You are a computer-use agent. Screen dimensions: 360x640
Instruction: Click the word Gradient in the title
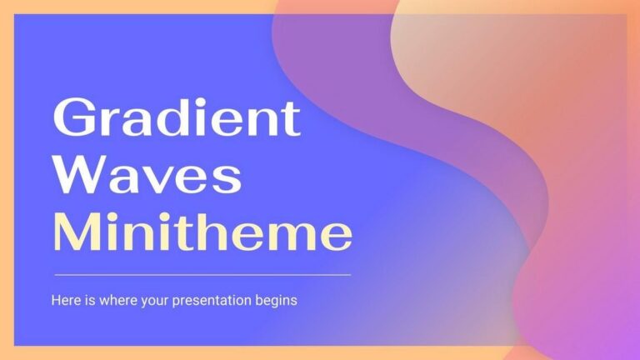tap(176, 120)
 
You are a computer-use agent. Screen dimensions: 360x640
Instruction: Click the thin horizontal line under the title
tap(202, 274)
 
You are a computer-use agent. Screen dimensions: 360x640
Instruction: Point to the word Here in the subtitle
tap(66, 300)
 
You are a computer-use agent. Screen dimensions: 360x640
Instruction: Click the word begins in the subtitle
tap(276, 300)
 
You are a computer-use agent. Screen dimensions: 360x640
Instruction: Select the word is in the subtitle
tap(88, 300)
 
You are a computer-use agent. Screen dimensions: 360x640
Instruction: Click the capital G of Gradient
tap(72, 120)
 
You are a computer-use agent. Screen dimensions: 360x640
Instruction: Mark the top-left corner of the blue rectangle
tap(15, 14)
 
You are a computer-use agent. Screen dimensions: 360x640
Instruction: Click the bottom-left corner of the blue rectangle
tap(15, 345)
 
